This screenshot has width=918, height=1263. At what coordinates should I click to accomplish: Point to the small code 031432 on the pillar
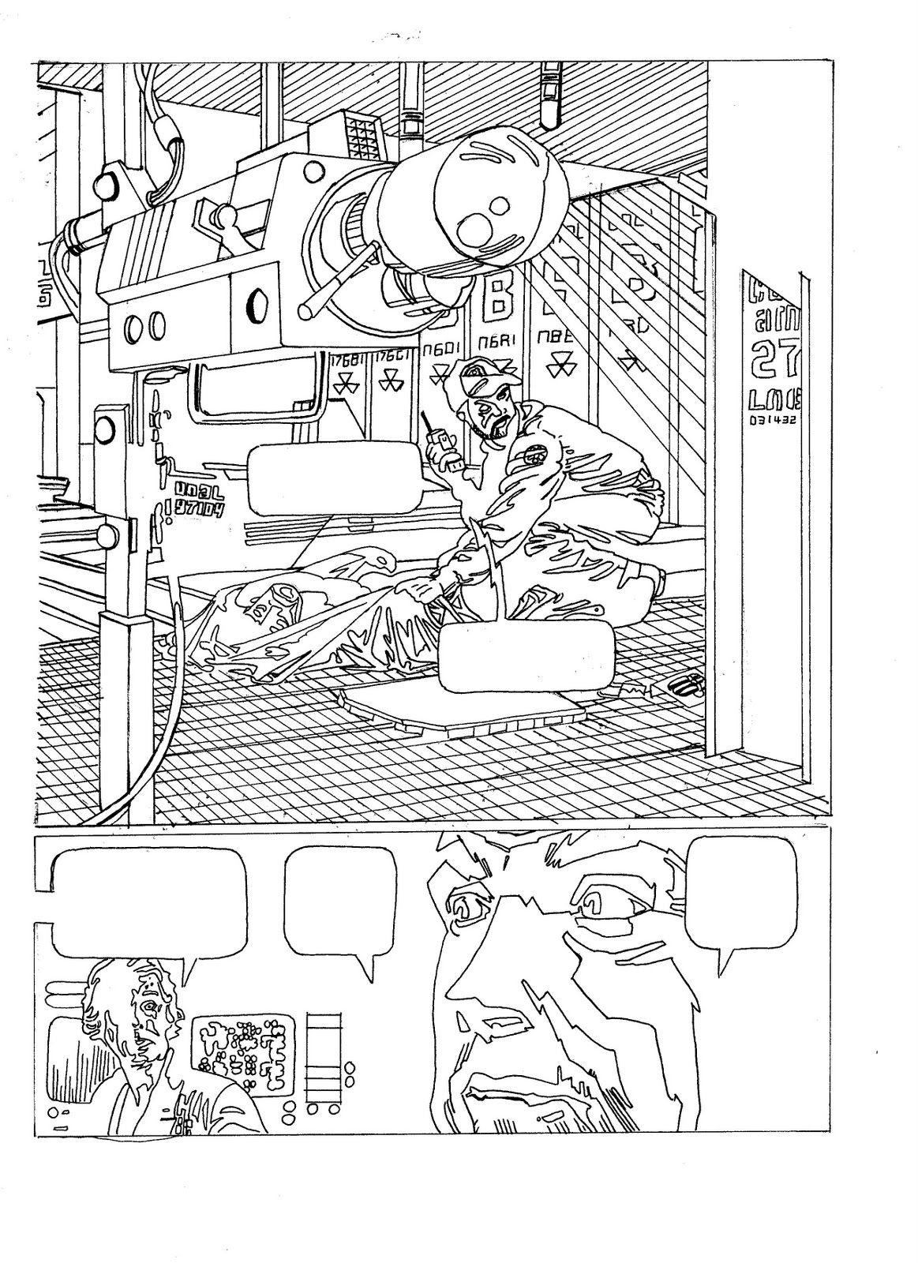click(773, 420)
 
